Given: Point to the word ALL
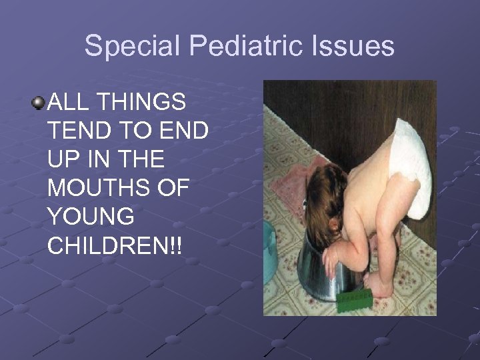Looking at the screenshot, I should click(68, 103).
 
